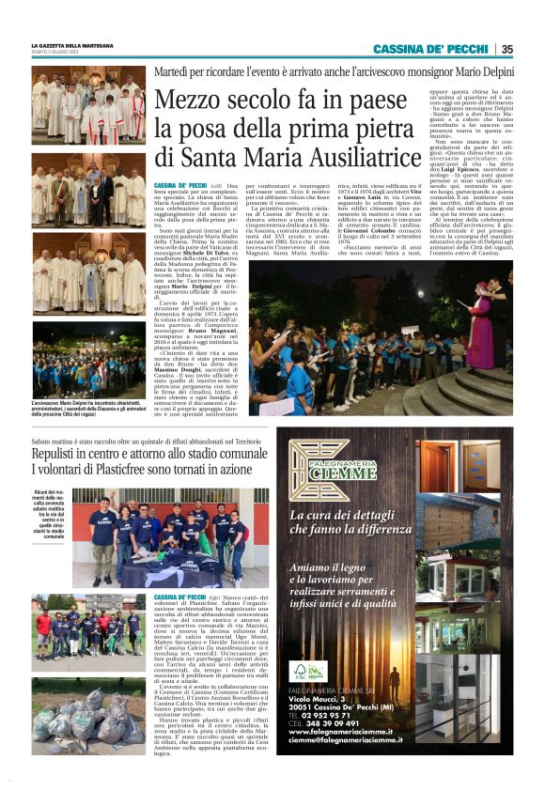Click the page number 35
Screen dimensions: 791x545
coord(506,49)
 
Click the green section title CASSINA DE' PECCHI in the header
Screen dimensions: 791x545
coord(432,49)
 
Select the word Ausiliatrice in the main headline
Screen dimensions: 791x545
coord(347,156)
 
